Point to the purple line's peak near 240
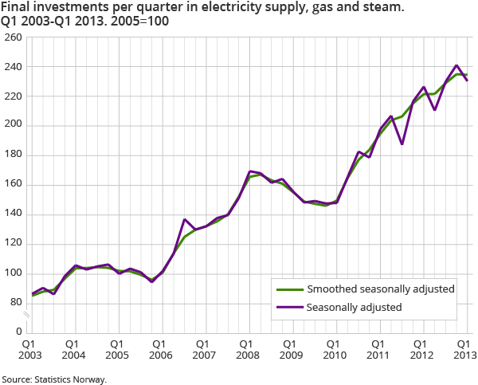coord(456,65)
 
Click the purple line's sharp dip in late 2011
coord(402,144)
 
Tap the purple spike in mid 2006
coord(184,219)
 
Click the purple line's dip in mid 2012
coord(435,109)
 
